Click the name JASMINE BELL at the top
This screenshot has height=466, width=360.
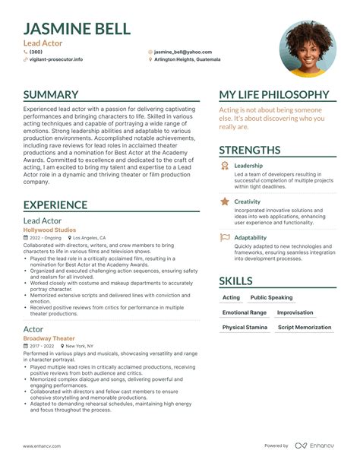[x=77, y=29]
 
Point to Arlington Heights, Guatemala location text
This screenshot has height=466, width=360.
[x=187, y=59]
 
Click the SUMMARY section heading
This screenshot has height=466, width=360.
[x=51, y=95]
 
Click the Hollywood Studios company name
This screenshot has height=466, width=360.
[x=49, y=229]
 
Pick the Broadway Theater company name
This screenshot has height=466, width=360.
[x=49, y=338]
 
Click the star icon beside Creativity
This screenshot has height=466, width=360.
[x=225, y=201]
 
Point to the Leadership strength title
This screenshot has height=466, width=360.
[x=248, y=165]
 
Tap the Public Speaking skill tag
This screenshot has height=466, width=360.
[x=271, y=297]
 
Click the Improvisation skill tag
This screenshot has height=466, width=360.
[x=295, y=312]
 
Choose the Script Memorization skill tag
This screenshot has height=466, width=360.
[x=305, y=328]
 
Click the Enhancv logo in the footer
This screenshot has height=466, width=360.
[x=314, y=445]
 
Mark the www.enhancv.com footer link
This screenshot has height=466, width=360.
[x=41, y=446]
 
